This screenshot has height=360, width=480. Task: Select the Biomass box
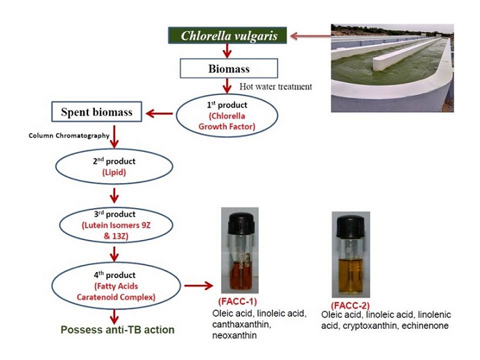pyautogui.click(x=229, y=69)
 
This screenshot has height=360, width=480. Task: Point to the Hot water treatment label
pyautogui.click(x=275, y=87)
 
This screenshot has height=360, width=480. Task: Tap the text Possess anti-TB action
pyautogui.click(x=118, y=330)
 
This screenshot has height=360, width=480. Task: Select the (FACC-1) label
pyautogui.click(x=239, y=302)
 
